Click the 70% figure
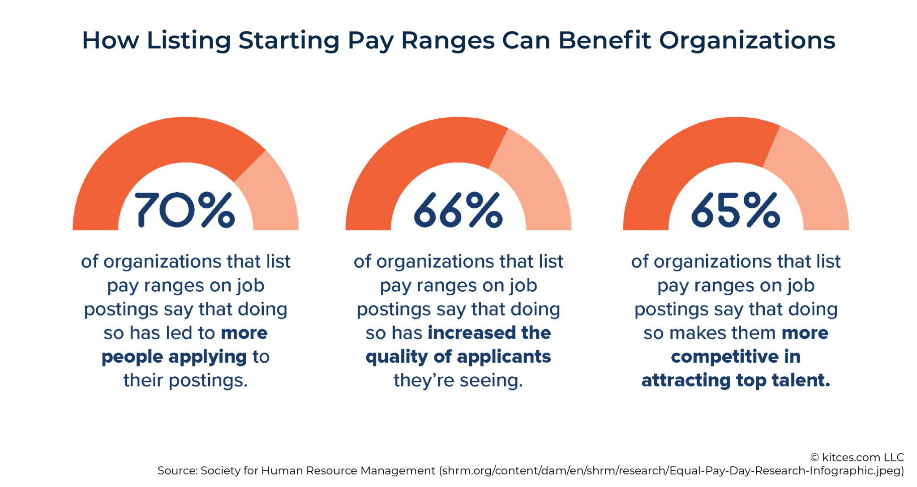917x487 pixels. (x=184, y=210)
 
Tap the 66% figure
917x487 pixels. (x=458, y=210)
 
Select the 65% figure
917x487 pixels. (x=735, y=210)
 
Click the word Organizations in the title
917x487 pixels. (x=747, y=40)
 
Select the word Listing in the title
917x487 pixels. (x=189, y=40)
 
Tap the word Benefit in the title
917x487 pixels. (x=604, y=40)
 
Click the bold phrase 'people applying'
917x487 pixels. (x=174, y=357)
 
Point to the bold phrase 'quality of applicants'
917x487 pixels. (x=458, y=357)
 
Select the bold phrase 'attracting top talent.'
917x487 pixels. (x=736, y=380)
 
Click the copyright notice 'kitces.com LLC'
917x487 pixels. (x=857, y=457)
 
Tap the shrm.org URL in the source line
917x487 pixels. (x=672, y=471)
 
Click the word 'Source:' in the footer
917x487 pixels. (x=177, y=471)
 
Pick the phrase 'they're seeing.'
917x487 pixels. (x=458, y=380)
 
